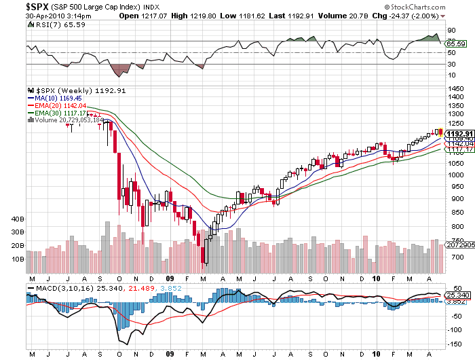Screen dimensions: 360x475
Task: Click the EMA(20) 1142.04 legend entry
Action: (62, 106)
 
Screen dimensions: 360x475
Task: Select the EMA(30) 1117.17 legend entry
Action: (62, 113)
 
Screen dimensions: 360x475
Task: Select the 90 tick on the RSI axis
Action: (450, 31)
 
